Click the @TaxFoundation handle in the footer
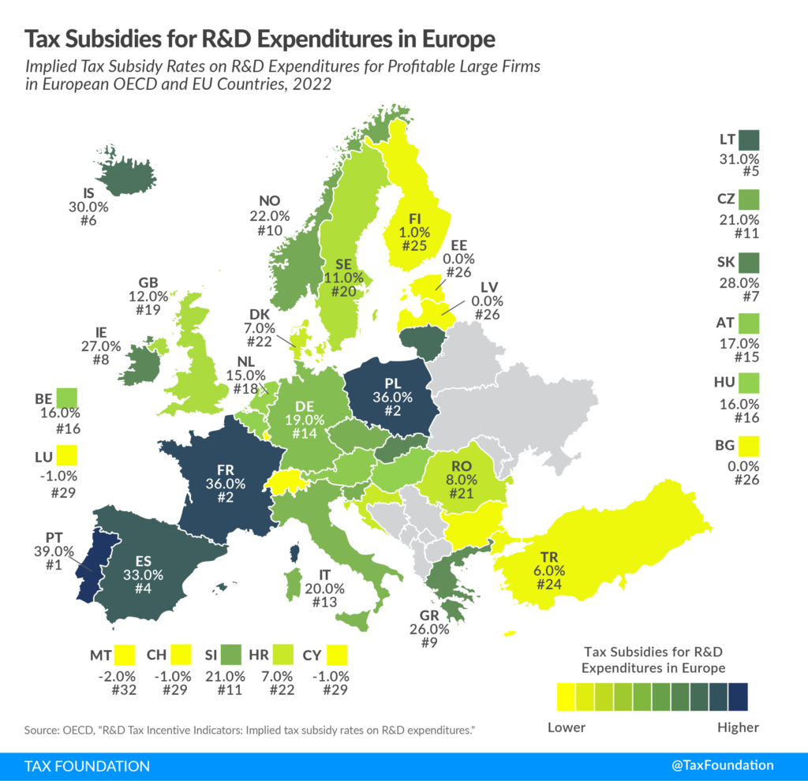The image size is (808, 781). coord(724,765)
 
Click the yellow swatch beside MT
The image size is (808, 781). coord(124,655)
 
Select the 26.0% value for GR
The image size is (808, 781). coord(429,630)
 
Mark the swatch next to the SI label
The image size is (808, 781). coord(230,655)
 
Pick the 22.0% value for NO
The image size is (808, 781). coord(275,215)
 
